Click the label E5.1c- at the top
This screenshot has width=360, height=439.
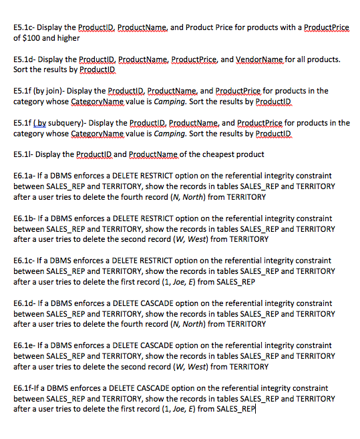click(27, 27)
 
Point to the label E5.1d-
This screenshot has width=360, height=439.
click(27, 59)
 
